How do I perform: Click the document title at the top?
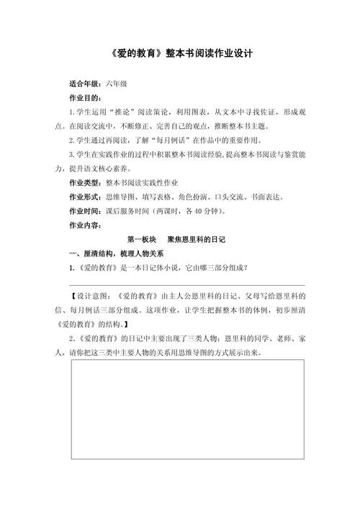(180, 53)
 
